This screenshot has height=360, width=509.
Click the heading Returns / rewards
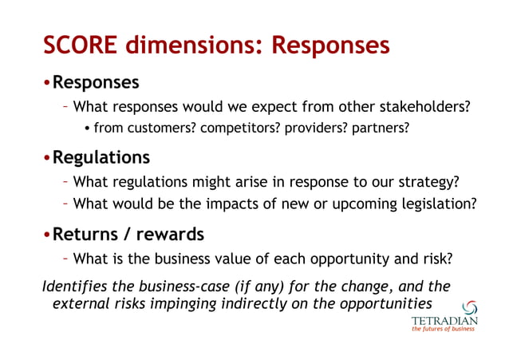click(x=128, y=235)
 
